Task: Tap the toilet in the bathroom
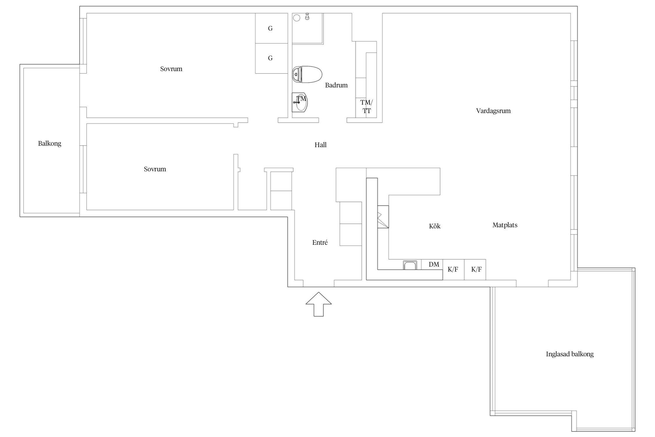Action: (307, 74)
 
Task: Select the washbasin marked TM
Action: (300, 102)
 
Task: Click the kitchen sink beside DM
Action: (410, 265)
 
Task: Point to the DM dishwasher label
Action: (434, 264)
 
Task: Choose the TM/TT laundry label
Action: (367, 107)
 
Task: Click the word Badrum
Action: (336, 85)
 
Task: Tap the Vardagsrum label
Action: (493, 111)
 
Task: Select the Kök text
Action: (435, 226)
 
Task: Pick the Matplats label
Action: (505, 225)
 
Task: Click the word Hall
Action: (321, 145)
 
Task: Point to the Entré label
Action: (320, 242)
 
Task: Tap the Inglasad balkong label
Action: (570, 354)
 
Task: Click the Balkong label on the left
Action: (49, 143)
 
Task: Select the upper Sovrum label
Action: (171, 69)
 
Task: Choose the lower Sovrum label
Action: (155, 169)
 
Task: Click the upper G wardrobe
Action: (272, 28)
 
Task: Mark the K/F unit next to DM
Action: (454, 269)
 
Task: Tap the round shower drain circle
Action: (297, 18)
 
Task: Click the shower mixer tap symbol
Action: (307, 16)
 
